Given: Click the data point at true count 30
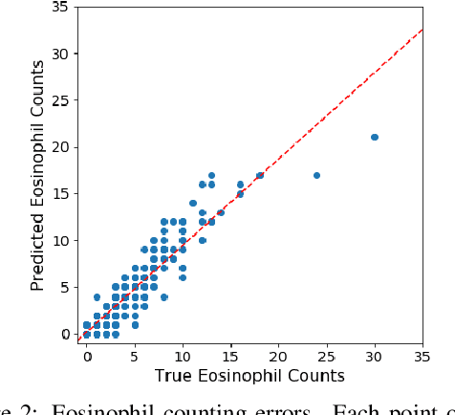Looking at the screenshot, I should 375,137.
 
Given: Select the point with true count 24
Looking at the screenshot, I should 316,175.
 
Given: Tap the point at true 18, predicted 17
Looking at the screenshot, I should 259,175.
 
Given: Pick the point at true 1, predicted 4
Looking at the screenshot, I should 97,297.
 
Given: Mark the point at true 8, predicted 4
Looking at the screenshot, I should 163,297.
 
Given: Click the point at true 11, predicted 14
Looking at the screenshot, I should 192,203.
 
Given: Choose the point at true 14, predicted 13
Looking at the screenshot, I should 221,212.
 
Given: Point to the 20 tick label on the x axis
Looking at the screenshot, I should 278,356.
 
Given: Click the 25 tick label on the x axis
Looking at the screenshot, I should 326,356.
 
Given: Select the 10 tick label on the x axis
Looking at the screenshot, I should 183,356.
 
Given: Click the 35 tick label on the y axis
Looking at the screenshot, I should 59,6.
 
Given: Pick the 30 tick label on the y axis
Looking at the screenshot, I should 59,53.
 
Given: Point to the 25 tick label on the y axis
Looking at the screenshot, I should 59,99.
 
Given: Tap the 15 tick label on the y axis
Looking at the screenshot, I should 59,193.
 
